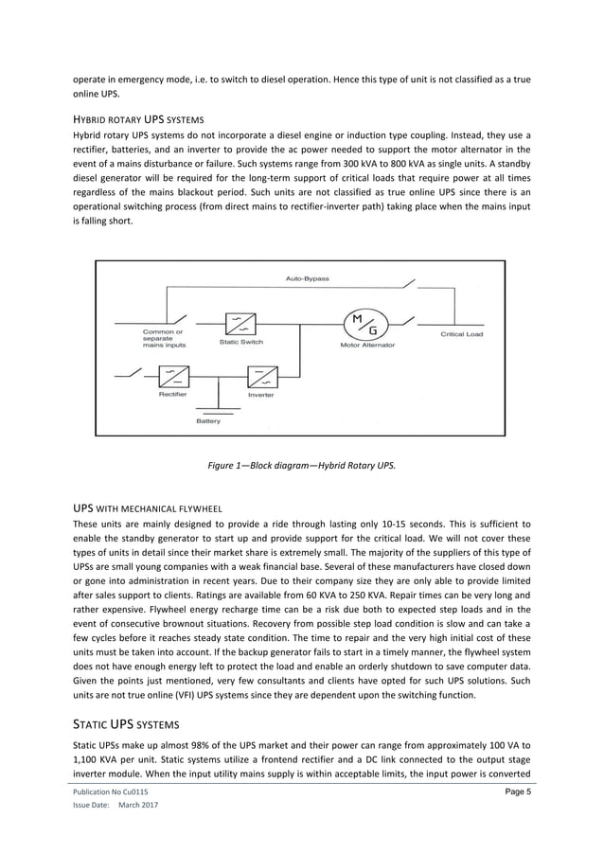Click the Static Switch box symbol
click(x=240, y=324)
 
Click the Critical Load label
click(x=461, y=334)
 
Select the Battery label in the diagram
click(x=208, y=420)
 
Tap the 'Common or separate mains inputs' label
click(x=164, y=339)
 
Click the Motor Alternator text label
click(x=367, y=346)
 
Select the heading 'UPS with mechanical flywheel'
click(x=147, y=508)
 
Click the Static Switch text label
click(x=240, y=342)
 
